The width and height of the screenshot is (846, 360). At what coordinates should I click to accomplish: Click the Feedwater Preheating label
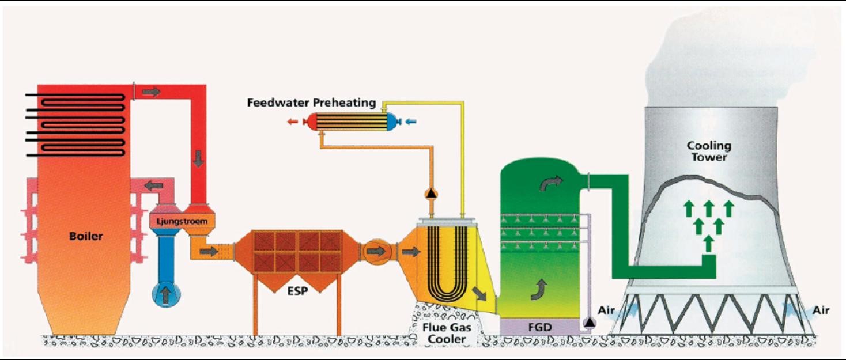(x=311, y=103)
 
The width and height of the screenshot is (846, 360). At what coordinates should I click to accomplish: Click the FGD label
(x=540, y=327)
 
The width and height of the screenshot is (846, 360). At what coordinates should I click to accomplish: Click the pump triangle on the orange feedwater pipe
(x=430, y=194)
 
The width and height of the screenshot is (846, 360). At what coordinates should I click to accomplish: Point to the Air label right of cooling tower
(x=821, y=310)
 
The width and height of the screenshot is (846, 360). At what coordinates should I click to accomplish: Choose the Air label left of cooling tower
(x=606, y=310)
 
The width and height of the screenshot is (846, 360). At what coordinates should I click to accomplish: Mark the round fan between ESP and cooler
(x=376, y=251)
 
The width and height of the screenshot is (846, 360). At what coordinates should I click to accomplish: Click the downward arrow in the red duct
(x=198, y=157)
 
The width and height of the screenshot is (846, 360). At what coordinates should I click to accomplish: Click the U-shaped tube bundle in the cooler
(x=442, y=263)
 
